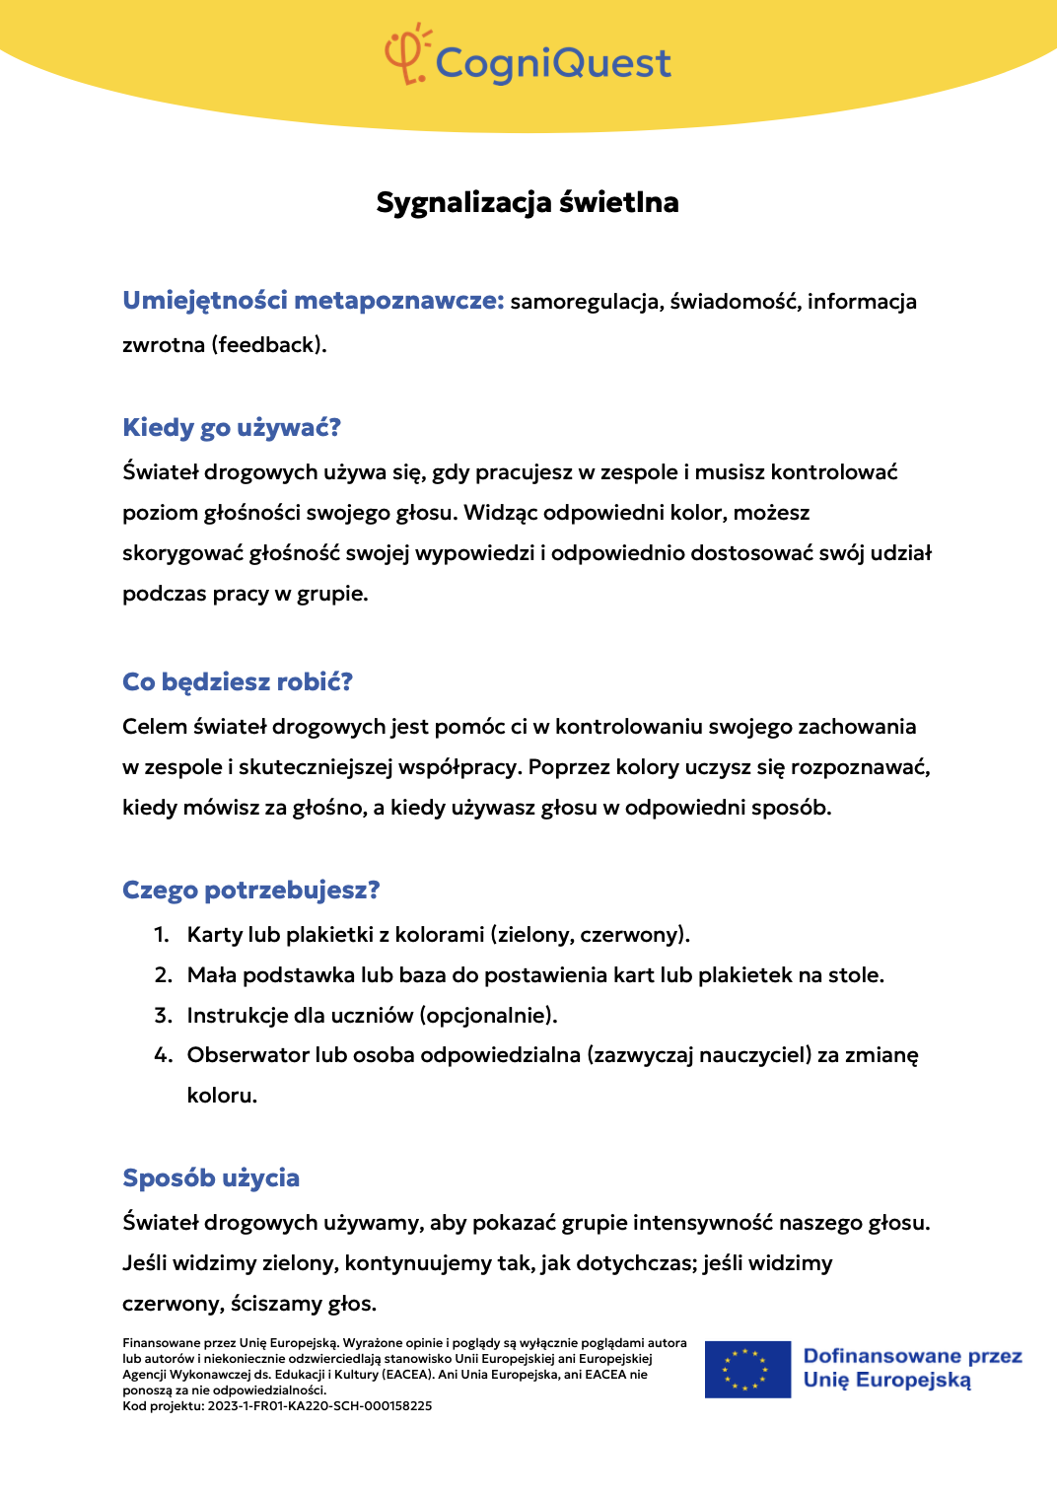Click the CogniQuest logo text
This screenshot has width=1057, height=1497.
[552, 63]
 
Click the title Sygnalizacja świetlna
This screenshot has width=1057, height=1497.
[528, 202]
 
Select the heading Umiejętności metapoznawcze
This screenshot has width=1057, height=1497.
[313, 301]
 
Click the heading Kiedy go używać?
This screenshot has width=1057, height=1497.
[232, 427]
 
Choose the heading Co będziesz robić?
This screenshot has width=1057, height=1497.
[238, 681]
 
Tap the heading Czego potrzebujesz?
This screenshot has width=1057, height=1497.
[251, 890]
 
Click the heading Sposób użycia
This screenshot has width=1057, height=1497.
[211, 1177]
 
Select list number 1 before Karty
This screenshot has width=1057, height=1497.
[162, 935]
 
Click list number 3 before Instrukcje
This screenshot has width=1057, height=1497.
[163, 1016]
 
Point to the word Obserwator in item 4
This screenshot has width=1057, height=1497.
[247, 1055]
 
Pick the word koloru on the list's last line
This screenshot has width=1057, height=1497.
[222, 1096]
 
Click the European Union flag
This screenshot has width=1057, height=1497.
[747, 1369]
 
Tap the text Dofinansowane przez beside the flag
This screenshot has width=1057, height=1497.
[912, 1356]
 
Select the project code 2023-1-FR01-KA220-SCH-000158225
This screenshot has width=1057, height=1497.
[319, 1406]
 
